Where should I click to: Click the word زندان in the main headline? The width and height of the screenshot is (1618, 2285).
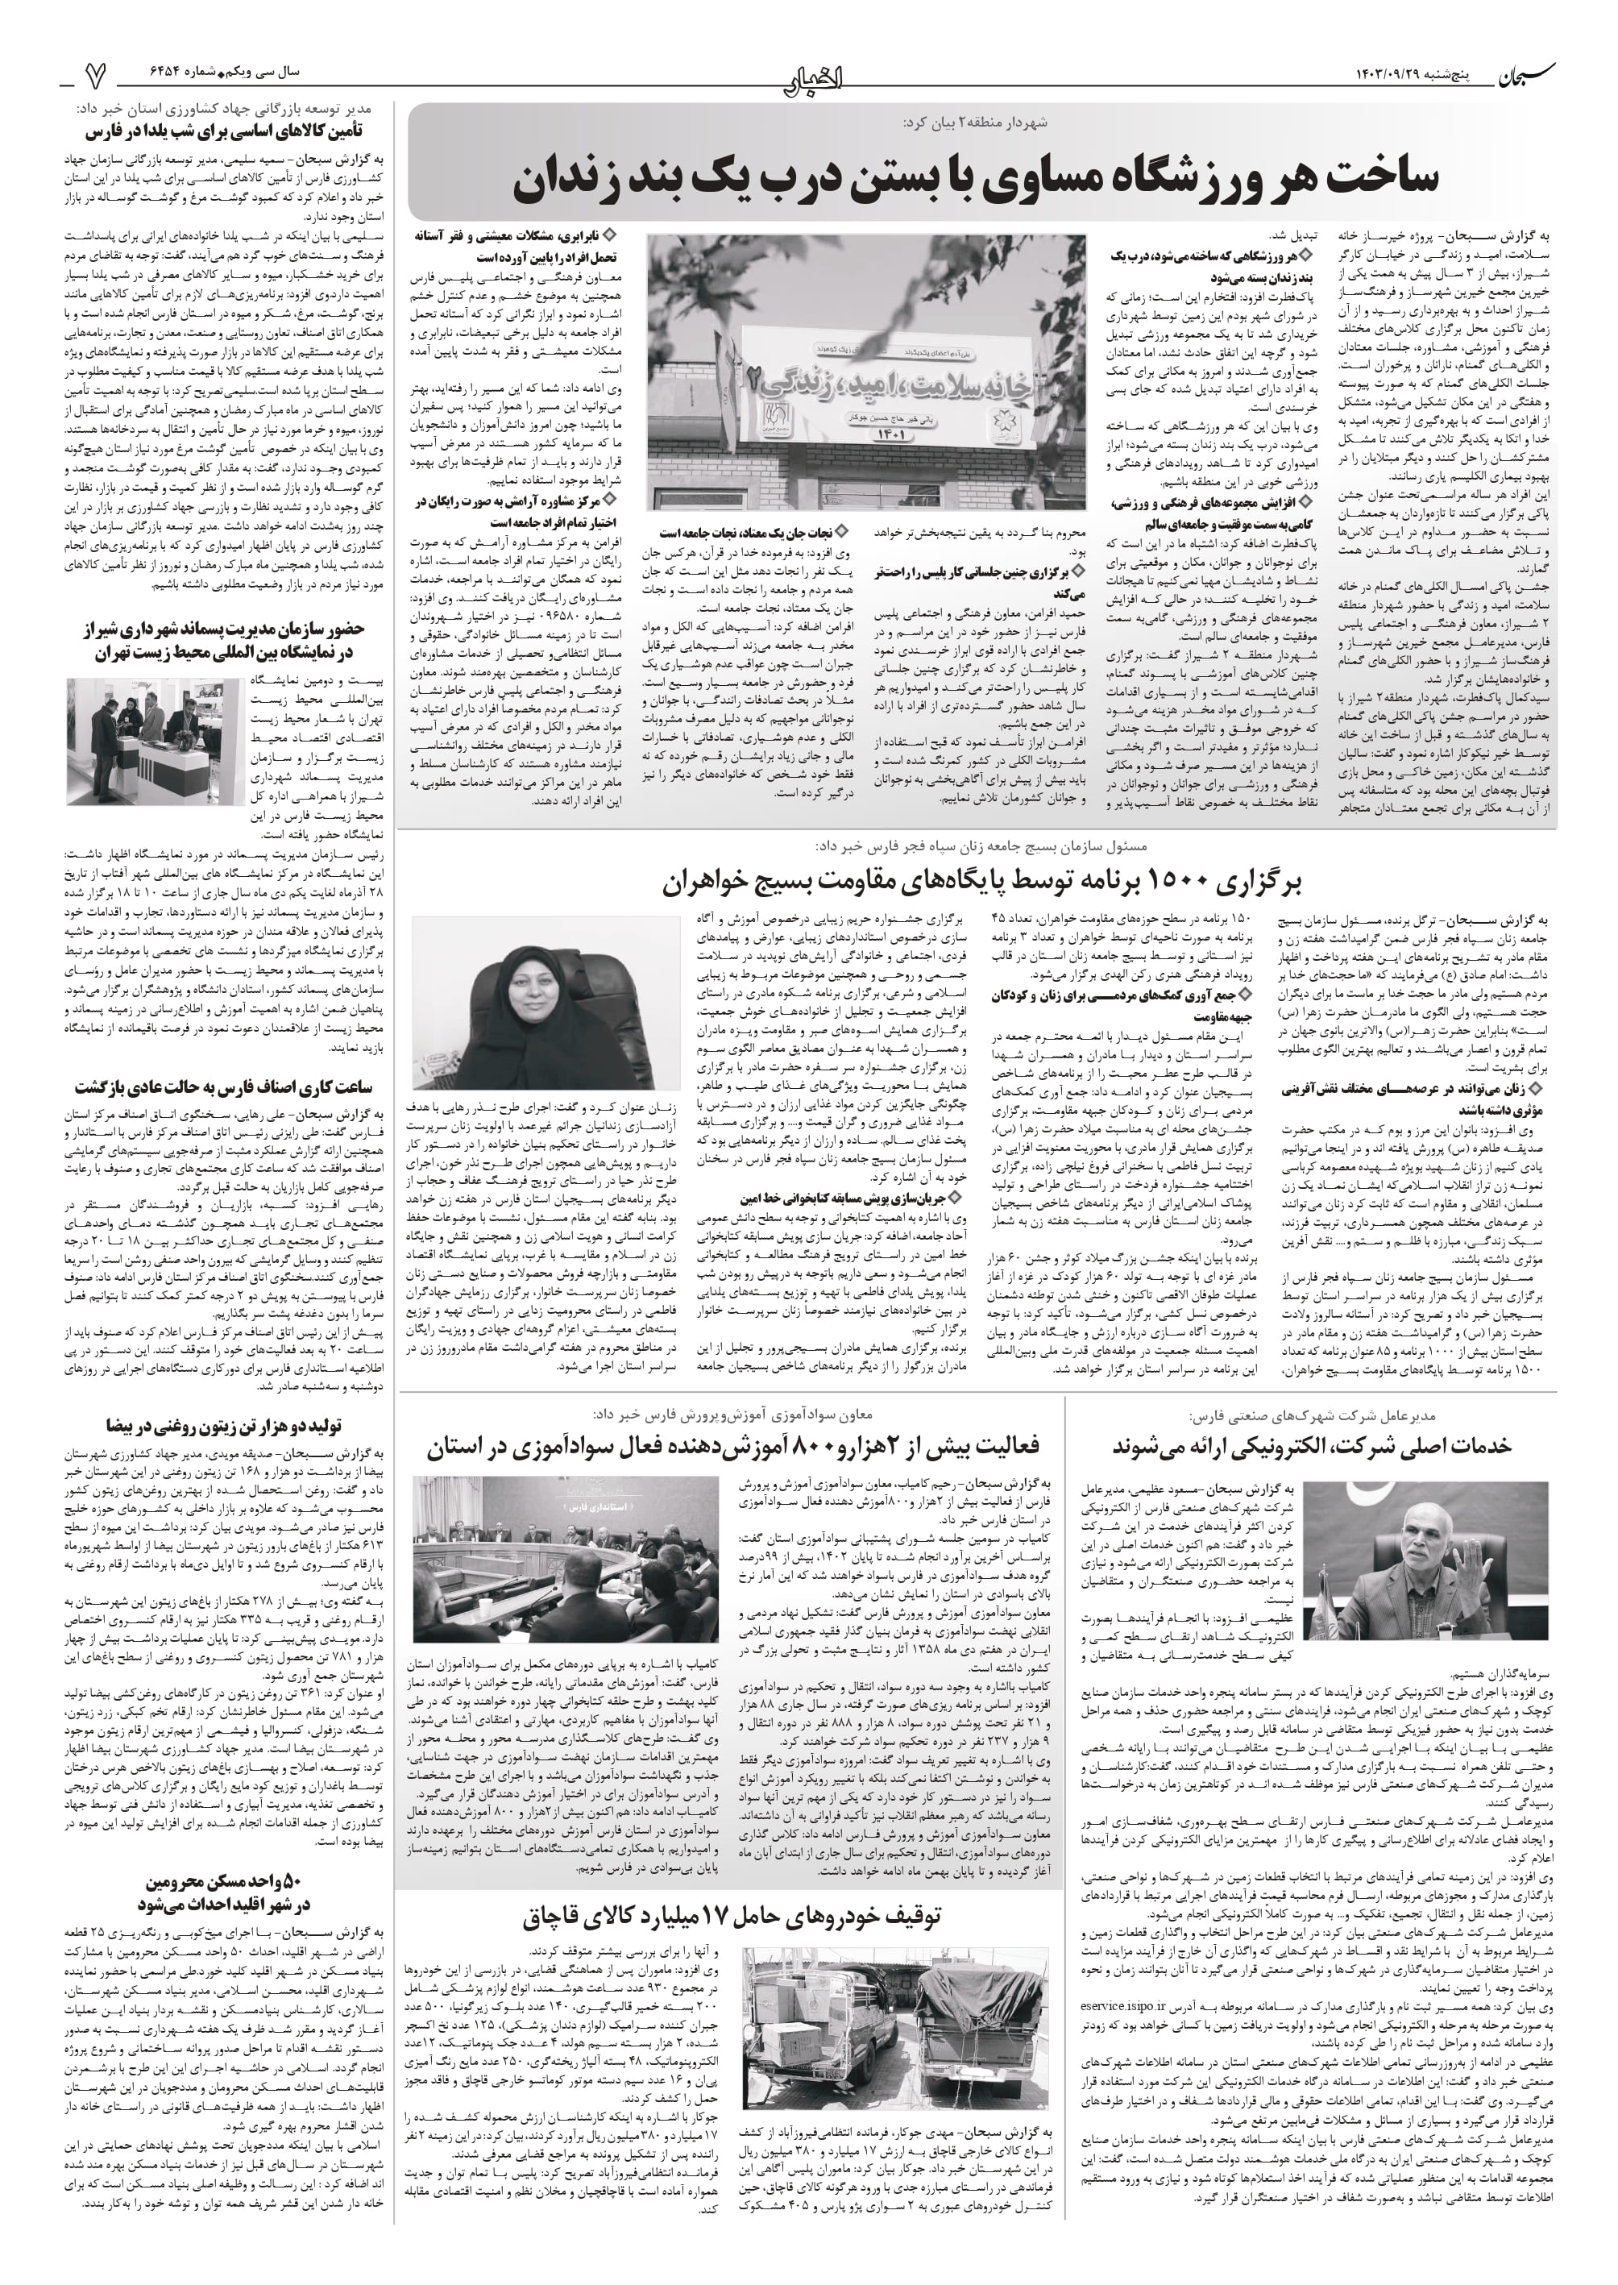(x=576, y=178)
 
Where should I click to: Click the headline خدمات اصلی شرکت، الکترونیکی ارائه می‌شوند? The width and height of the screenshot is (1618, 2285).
(x=1311, y=1446)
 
